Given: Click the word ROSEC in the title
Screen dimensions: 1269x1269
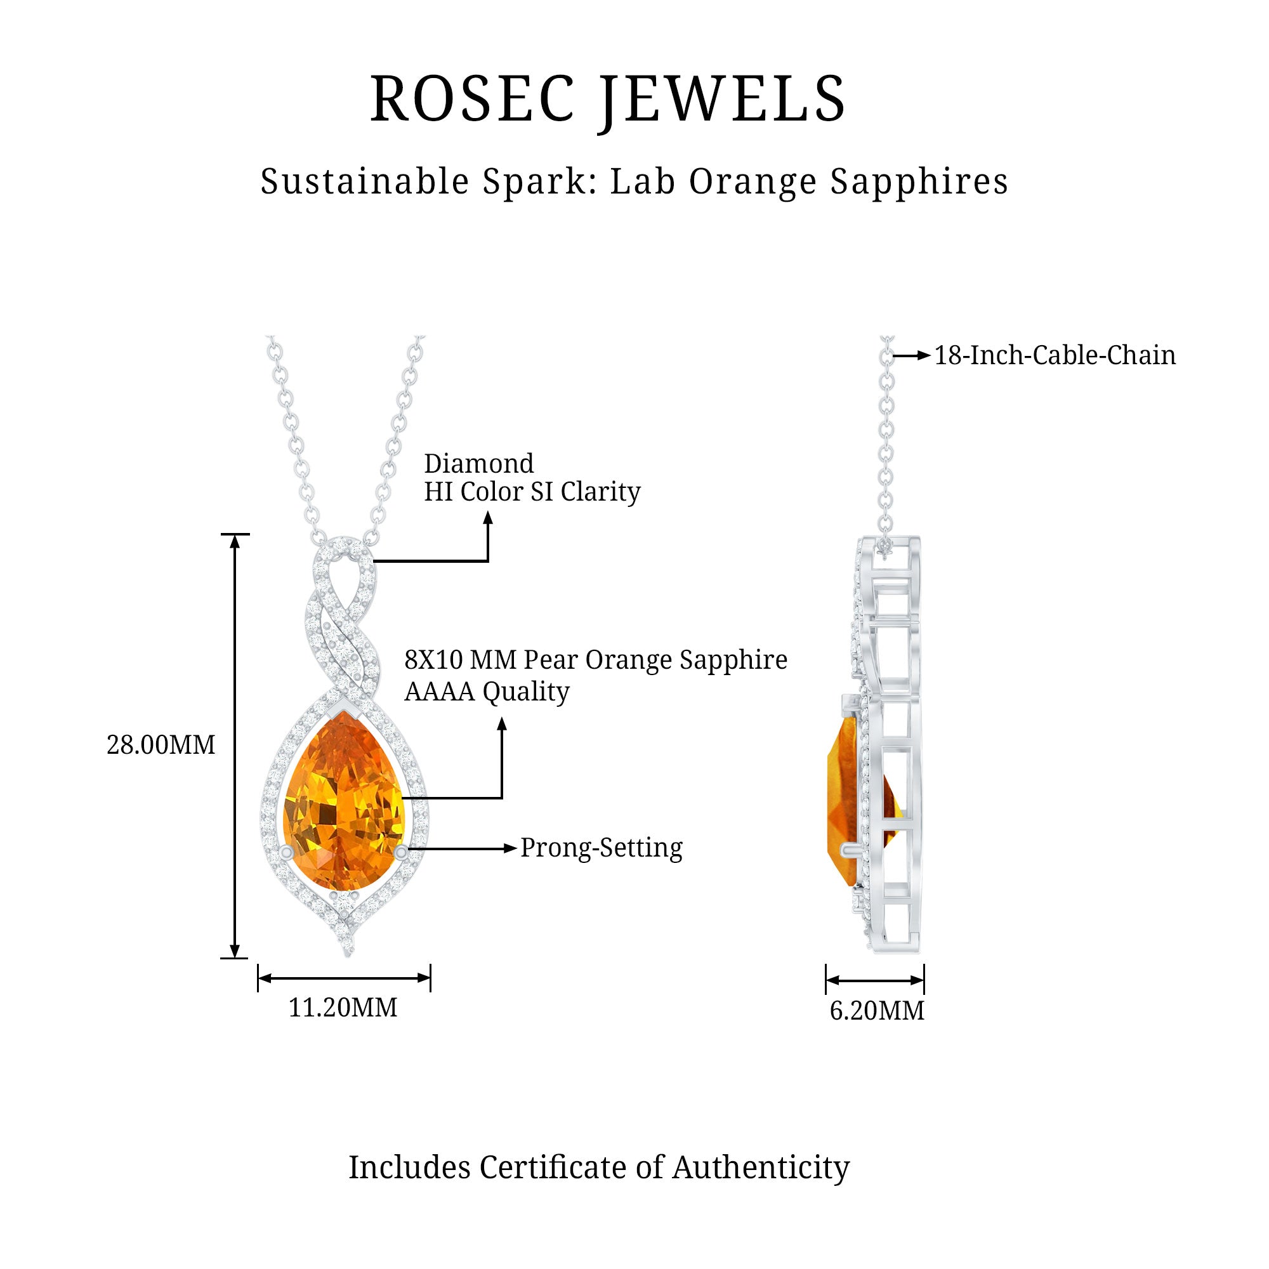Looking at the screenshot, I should point(472,99).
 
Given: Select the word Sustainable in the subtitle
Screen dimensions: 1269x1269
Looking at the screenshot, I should point(365,181).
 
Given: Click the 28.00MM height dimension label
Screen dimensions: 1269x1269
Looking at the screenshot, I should point(161,745).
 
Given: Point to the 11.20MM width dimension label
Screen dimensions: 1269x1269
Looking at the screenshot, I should point(343,1008).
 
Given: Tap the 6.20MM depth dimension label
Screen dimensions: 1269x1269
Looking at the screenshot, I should point(876,1010).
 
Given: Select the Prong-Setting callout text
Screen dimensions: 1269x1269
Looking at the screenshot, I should point(601,847).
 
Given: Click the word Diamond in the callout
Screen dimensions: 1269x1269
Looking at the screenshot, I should point(479,464).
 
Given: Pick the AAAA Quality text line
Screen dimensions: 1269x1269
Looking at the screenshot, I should point(487,692).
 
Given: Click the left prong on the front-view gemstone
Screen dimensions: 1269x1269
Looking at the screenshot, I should point(286,852).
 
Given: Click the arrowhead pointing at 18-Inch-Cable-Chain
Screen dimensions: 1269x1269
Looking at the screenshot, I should point(924,356).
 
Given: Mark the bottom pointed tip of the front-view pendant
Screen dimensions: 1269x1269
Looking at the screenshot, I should point(348,954).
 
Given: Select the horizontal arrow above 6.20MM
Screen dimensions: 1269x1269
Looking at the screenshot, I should point(875,981).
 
